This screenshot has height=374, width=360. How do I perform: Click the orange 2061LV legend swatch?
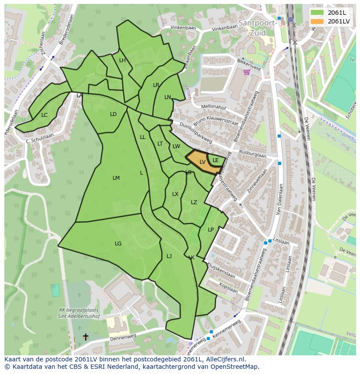pyautogui.click(x=317, y=21)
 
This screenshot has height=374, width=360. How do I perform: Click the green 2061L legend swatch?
pyautogui.click(x=317, y=13)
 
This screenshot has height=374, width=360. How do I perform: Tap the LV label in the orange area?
pyautogui.click(x=202, y=162)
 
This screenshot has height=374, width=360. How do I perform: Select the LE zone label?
pyautogui.click(x=215, y=160)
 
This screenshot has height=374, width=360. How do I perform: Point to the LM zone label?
pyautogui.click(x=116, y=178)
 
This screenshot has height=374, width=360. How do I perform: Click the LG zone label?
pyautogui.click(x=118, y=244)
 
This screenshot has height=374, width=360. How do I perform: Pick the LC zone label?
pyautogui.click(x=44, y=115)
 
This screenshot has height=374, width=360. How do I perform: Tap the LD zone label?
pyautogui.click(x=113, y=114)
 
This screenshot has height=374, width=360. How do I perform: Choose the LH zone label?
pyautogui.click(x=122, y=60)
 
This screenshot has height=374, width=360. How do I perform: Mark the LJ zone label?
pyautogui.click(x=169, y=256)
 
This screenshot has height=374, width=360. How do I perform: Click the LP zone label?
pyautogui.click(x=210, y=230)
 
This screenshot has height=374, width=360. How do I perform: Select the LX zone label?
pyautogui.click(x=175, y=194)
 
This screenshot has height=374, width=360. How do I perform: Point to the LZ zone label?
pyautogui.click(x=194, y=202)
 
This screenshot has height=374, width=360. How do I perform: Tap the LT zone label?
pyautogui.click(x=160, y=144)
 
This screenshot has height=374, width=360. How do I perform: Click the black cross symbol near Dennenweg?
pyautogui.click(x=86, y=337)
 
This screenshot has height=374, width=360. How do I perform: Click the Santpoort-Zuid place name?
pyautogui.click(x=257, y=27)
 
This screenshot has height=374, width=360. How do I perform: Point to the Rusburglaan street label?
pyautogui.click(x=253, y=154)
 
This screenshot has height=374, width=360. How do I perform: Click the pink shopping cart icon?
pyautogui.click(x=247, y=72)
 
